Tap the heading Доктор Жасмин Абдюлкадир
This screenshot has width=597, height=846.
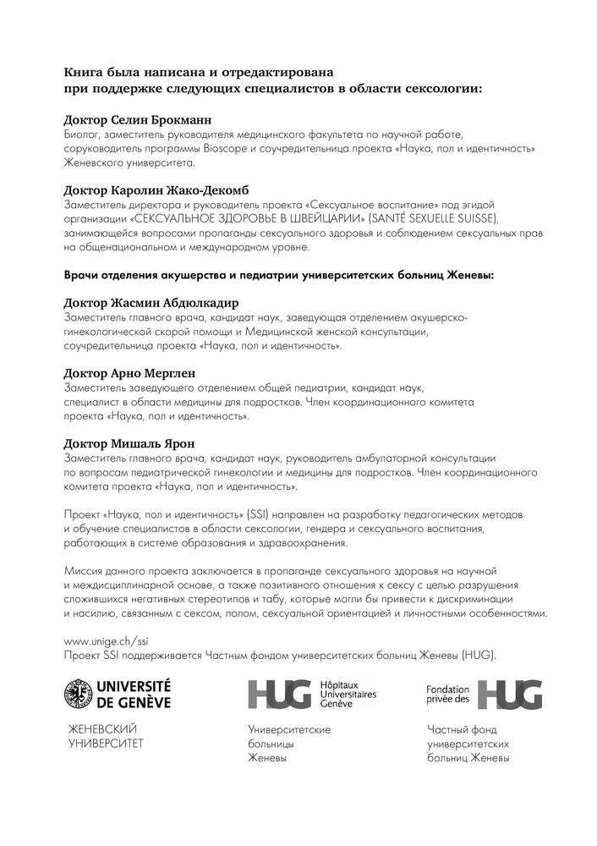click(151, 303)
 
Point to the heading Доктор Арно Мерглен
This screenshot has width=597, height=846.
click(135, 373)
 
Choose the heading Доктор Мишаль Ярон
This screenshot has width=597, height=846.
click(129, 443)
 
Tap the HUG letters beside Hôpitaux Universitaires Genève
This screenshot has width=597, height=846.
click(277, 694)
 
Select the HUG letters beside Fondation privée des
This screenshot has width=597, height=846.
click(510, 694)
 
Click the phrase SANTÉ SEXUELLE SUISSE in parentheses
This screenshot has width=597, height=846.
click(441, 220)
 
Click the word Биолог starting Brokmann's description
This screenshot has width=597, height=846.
click(82, 135)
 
